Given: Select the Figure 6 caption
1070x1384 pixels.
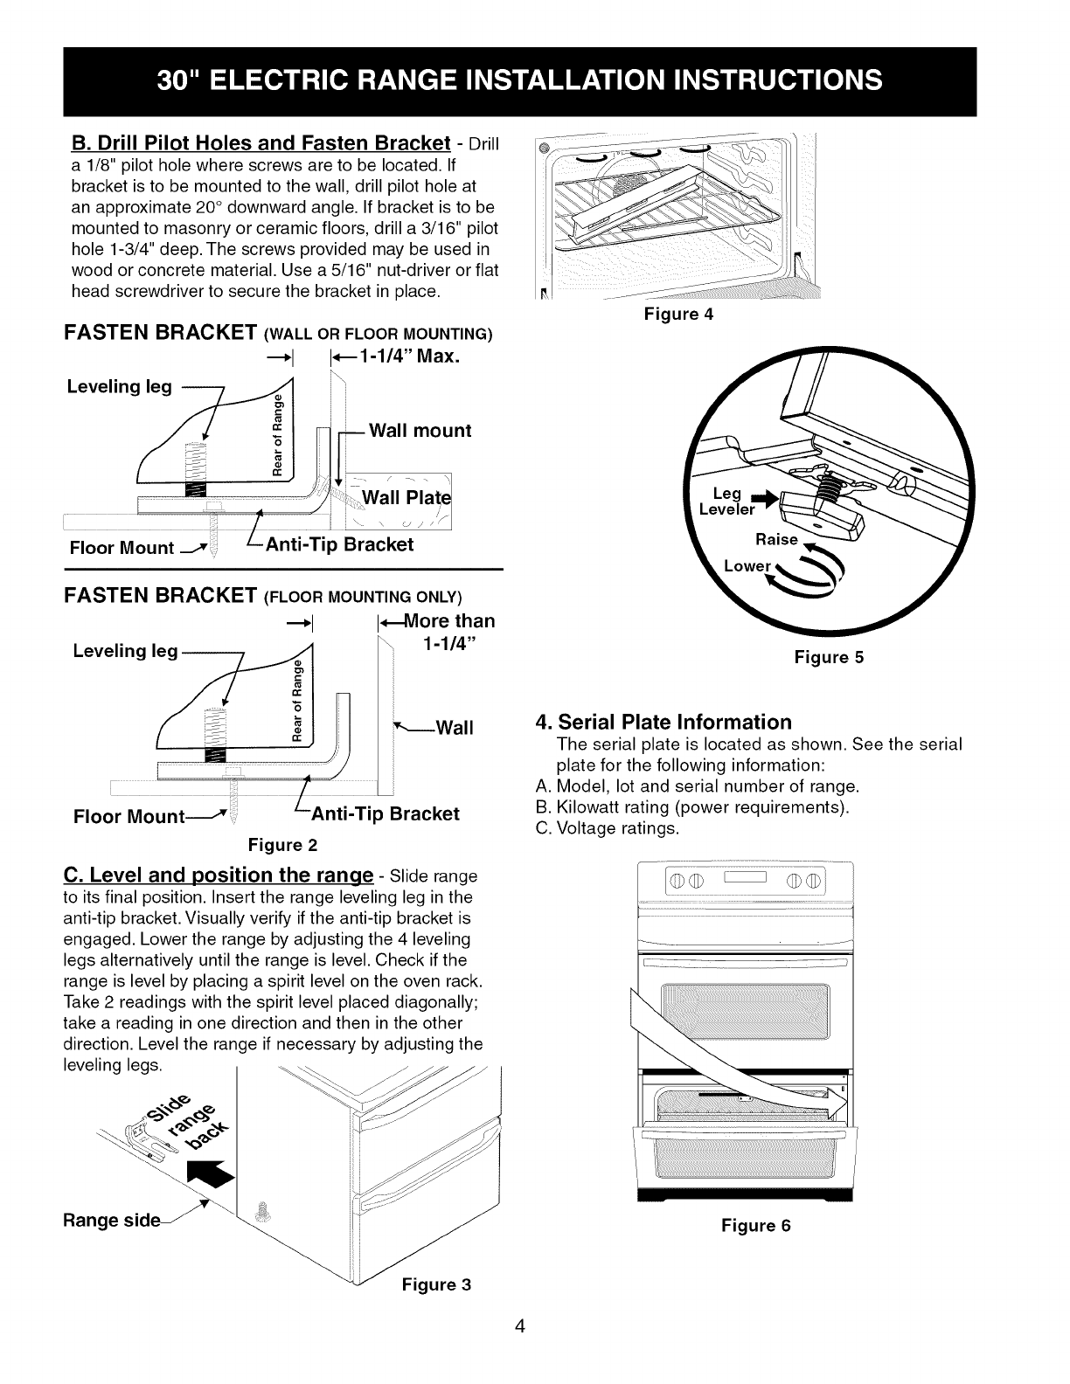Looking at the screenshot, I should [x=755, y=1226].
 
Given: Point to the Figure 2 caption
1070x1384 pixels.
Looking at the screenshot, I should [x=282, y=845].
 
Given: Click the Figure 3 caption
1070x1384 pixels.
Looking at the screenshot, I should [x=436, y=1284].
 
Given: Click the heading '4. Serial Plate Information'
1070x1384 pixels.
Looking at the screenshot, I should [x=664, y=722].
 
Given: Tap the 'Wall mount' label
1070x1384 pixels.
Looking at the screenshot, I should [x=420, y=431].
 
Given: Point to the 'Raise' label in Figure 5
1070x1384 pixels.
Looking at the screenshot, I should [x=777, y=539].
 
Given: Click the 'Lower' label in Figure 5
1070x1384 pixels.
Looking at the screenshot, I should [x=747, y=565].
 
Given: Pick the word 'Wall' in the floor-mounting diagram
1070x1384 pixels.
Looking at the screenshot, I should [x=454, y=728].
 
